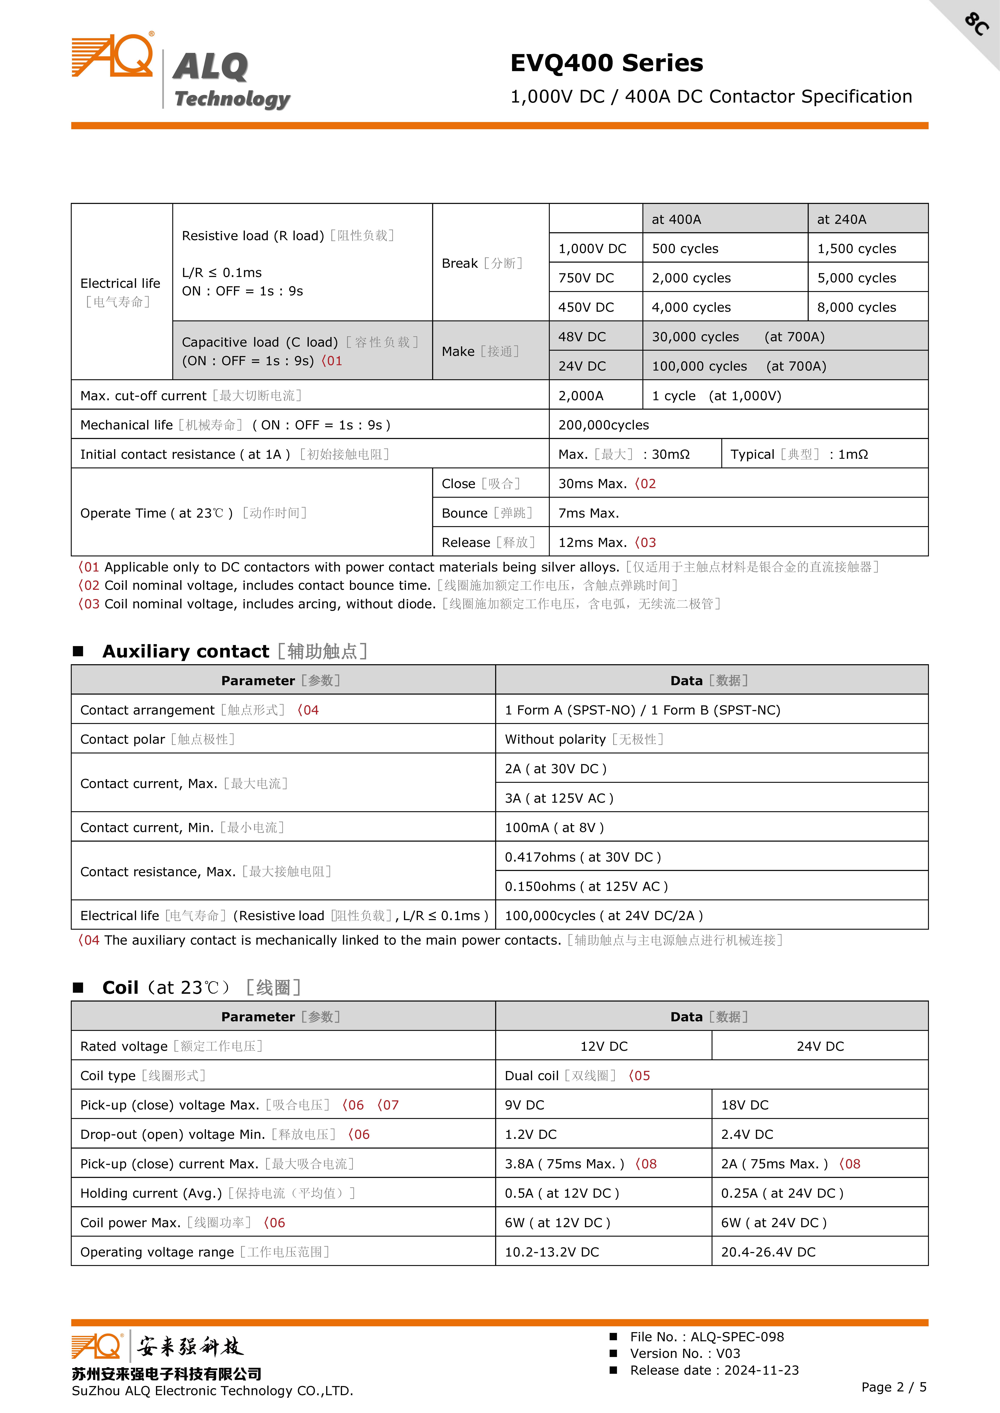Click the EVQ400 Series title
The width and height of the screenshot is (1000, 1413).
click(x=606, y=63)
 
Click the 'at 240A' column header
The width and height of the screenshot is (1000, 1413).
click(x=841, y=219)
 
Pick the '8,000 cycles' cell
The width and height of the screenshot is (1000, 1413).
click(x=856, y=307)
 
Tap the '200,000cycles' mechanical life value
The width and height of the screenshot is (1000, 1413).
click(x=604, y=425)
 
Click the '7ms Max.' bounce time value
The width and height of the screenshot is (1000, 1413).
click(x=588, y=513)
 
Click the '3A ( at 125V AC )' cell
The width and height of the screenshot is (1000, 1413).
click(x=558, y=798)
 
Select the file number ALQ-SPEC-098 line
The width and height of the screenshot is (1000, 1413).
click(x=706, y=1337)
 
